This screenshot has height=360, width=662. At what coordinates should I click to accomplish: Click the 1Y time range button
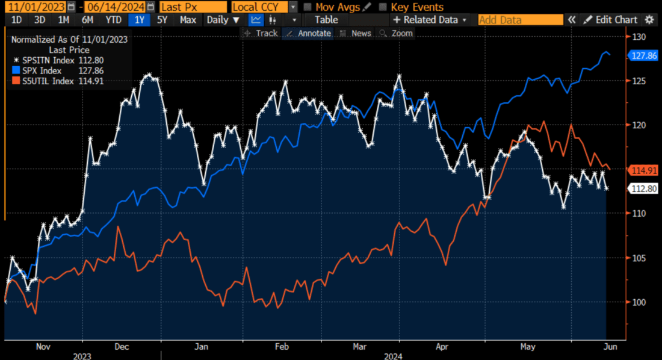(140, 20)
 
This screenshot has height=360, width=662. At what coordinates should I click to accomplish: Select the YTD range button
(113, 20)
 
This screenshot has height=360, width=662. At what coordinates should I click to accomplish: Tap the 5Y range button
(162, 20)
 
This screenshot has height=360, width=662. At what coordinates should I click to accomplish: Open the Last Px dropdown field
(193, 7)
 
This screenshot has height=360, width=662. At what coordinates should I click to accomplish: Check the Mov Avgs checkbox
(308, 7)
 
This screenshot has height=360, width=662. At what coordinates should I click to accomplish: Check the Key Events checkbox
(383, 7)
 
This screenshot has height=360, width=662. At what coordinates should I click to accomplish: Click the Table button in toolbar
(326, 20)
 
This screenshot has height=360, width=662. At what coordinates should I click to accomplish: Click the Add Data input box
(520, 20)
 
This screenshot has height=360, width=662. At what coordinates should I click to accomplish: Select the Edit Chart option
(610, 20)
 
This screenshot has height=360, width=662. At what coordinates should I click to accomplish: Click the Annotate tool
(308, 33)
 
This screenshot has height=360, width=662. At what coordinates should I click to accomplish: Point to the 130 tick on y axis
(639, 37)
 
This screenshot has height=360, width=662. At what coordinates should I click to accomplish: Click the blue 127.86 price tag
(644, 55)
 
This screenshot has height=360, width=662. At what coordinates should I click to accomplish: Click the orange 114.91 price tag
(644, 170)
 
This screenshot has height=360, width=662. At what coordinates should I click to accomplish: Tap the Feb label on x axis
(282, 347)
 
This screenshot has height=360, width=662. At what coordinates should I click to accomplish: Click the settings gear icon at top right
(649, 20)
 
